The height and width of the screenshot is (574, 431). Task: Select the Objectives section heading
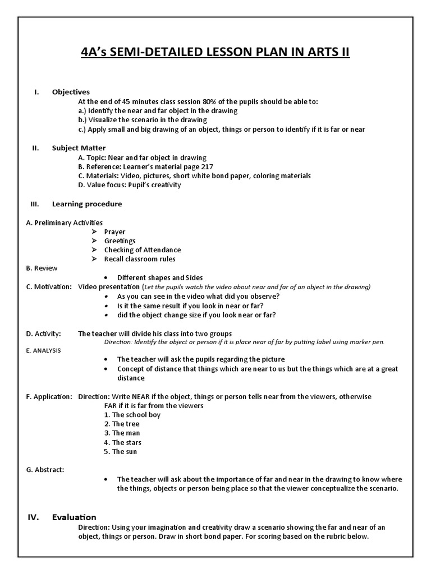[71, 92]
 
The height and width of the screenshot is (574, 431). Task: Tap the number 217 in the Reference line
[207, 166]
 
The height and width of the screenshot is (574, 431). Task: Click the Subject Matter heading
[79, 148]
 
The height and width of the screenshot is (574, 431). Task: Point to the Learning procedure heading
[87, 204]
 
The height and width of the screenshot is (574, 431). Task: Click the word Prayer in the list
[114, 232]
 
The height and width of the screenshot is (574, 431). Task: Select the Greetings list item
[120, 240]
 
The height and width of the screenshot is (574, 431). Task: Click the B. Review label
[42, 268]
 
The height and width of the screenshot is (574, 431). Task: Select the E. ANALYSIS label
[43, 350]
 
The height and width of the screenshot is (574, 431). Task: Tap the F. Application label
[49, 396]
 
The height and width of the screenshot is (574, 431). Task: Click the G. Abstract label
[45, 470]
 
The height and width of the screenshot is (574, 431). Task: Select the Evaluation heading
[74, 517]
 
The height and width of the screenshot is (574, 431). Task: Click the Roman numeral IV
[33, 517]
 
